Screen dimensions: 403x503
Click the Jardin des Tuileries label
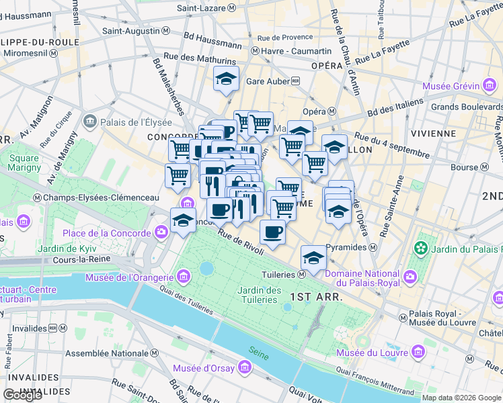259,295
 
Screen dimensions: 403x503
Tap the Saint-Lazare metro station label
206,8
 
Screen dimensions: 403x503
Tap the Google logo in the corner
22,395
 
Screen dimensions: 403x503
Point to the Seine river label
258,350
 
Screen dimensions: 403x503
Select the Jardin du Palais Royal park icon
422,248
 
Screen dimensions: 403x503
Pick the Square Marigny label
24,163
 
